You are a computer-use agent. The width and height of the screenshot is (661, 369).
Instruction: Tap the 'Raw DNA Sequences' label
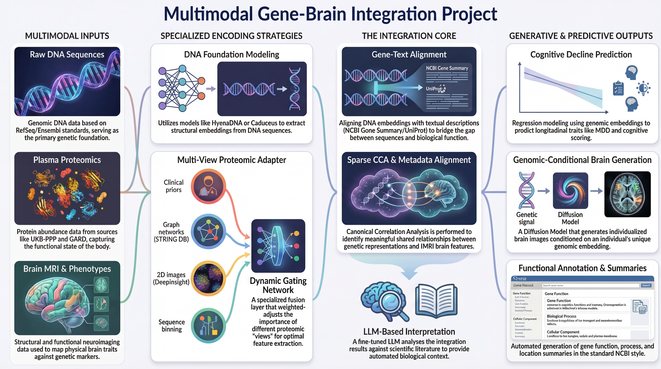coord(67,54)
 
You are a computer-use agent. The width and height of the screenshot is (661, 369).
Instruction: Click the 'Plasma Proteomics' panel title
coord(67,160)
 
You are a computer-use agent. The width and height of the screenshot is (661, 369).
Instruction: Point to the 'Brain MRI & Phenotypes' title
coord(67,269)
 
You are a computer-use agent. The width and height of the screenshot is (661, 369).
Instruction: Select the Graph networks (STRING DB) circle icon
coord(208,231)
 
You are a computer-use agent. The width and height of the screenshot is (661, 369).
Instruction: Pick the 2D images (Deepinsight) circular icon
coord(208,278)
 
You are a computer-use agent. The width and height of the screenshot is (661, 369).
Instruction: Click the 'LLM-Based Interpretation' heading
coord(409,332)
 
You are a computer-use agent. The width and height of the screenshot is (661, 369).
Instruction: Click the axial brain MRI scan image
coord(627,194)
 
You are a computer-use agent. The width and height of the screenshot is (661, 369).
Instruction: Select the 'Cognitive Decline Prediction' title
coord(581,54)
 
